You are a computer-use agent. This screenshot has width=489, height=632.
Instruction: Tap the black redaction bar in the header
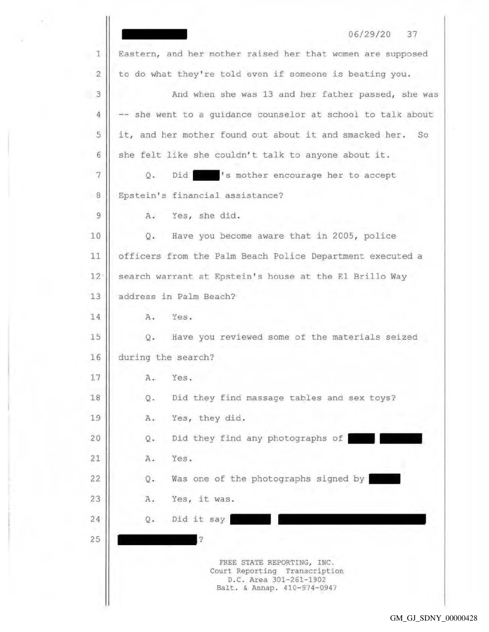coord(154,34)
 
